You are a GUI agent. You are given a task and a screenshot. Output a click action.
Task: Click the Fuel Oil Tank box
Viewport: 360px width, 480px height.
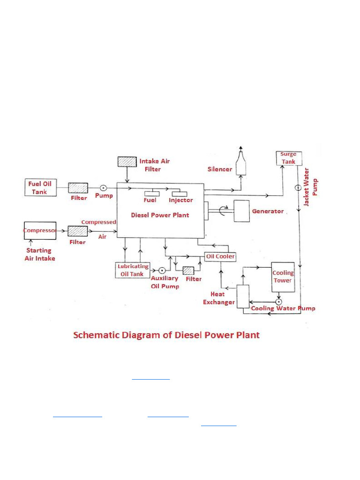41,187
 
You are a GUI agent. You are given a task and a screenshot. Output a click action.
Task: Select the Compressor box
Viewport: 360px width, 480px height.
40,231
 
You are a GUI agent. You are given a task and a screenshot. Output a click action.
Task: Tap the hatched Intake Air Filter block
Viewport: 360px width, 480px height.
127,161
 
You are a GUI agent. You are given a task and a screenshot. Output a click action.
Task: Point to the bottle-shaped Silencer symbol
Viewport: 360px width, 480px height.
241,163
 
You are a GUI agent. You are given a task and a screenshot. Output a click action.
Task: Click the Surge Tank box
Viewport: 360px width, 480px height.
288,158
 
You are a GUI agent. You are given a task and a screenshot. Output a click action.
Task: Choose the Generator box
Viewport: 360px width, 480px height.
241,211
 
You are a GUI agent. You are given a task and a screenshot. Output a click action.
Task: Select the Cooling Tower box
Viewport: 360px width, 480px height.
283,277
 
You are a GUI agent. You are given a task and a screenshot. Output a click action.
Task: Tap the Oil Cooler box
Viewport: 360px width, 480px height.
220,256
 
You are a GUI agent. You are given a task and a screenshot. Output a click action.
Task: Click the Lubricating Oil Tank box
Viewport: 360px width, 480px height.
133,270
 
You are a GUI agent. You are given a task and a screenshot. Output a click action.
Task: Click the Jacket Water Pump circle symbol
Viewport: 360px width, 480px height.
298,188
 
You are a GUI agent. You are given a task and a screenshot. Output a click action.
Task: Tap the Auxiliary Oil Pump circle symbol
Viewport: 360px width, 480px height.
162,271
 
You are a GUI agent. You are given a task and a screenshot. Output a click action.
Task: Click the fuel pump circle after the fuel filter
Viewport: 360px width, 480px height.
103,187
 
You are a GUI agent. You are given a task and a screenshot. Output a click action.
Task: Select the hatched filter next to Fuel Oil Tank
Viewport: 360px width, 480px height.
78,188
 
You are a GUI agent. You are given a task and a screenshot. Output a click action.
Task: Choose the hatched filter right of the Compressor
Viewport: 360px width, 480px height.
77,231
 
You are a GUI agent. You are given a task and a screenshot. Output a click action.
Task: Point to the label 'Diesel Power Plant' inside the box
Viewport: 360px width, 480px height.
160,215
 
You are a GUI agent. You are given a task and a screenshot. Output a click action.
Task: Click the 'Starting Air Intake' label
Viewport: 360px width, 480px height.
39,255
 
